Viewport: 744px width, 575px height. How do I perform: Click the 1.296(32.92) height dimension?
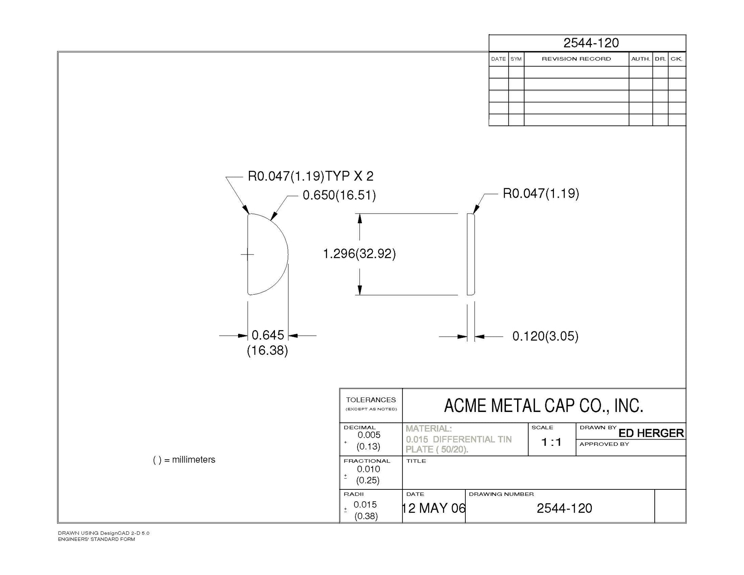tap(359, 254)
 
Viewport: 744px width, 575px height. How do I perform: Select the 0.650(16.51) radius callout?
tap(339, 195)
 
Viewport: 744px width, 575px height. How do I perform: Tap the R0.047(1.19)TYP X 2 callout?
tap(311, 176)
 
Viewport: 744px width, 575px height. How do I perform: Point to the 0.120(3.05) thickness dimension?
tap(545, 336)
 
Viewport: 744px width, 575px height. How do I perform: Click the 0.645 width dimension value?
tap(268, 335)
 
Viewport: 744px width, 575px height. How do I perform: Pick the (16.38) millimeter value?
tap(267, 351)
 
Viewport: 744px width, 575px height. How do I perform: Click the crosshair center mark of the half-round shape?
tap(247, 255)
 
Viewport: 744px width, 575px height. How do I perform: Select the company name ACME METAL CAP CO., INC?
tap(543, 406)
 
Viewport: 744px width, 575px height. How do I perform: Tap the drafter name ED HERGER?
tap(651, 433)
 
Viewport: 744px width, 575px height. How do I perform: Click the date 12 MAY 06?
tap(434, 508)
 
